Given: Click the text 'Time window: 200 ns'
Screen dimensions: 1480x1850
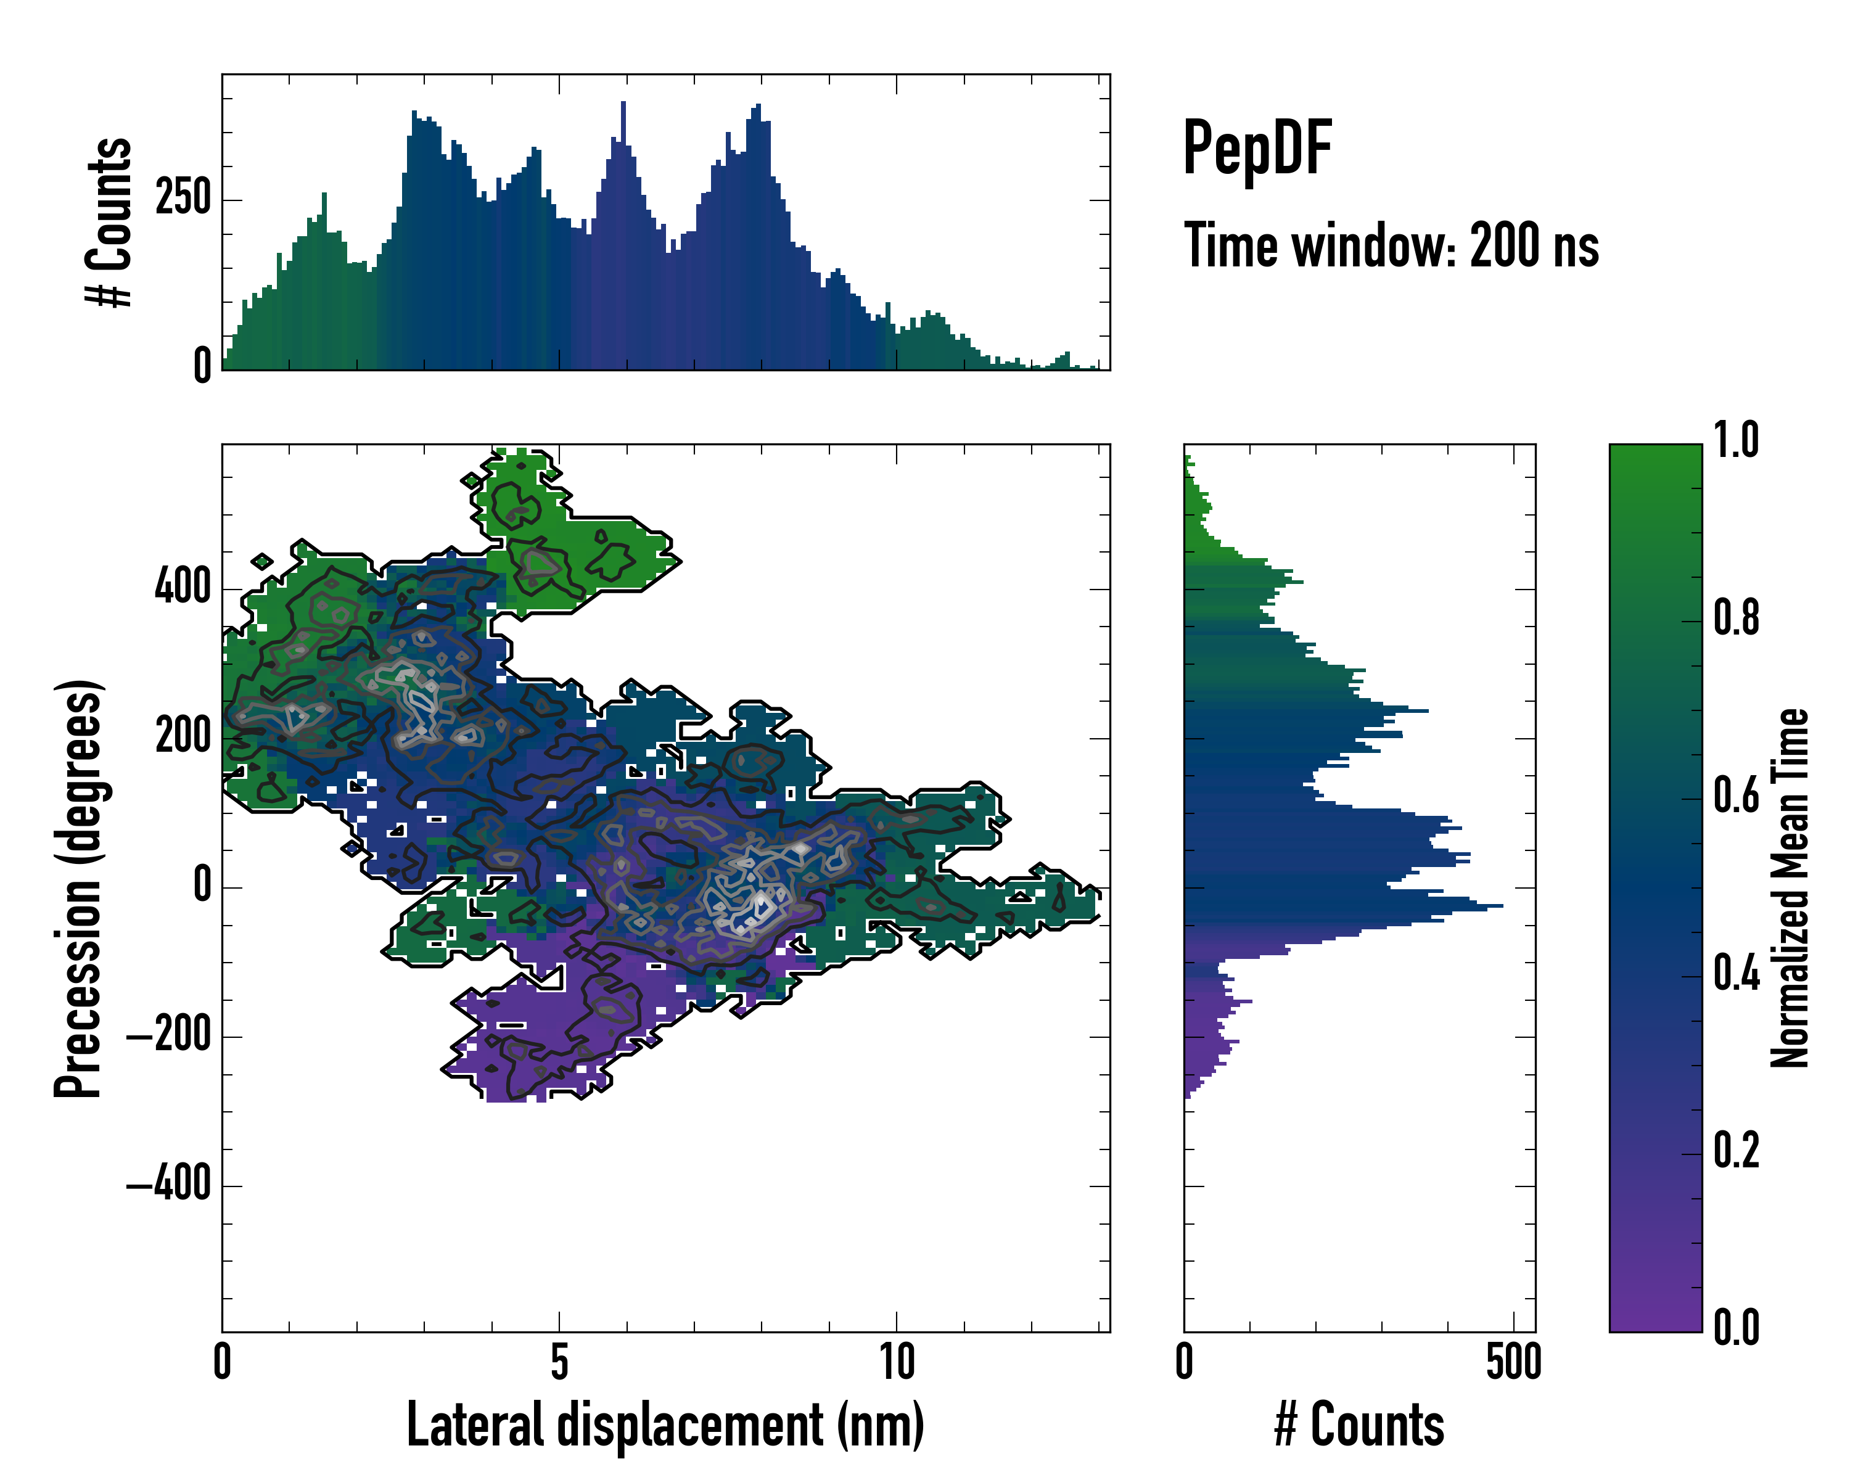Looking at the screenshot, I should pos(1391,246).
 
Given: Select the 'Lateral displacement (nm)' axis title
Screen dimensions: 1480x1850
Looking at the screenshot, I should pos(665,1424).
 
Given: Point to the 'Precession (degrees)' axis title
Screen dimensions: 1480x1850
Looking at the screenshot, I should pos(79,889).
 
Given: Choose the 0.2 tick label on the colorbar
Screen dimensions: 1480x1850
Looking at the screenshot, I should pos(1736,1151).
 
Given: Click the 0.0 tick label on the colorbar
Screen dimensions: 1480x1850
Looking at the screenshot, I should pos(1736,1328).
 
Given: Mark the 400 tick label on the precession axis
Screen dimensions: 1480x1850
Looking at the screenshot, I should pos(183,588).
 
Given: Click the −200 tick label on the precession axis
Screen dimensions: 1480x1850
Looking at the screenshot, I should pos(169,1037).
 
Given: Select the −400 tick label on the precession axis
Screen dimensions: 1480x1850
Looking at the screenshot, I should pos(169,1186).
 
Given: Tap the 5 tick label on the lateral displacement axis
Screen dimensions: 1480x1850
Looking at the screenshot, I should pos(559,1362).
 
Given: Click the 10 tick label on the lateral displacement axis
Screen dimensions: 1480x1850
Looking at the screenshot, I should pos(897,1362).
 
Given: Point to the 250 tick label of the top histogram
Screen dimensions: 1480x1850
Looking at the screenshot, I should pos(183,199).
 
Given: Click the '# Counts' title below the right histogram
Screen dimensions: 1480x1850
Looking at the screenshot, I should pos(1359,1424).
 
